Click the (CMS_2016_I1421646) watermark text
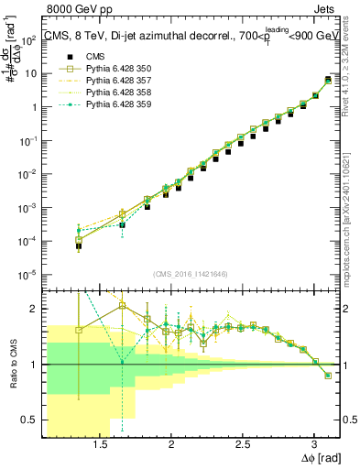191,273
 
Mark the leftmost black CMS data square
79,246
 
